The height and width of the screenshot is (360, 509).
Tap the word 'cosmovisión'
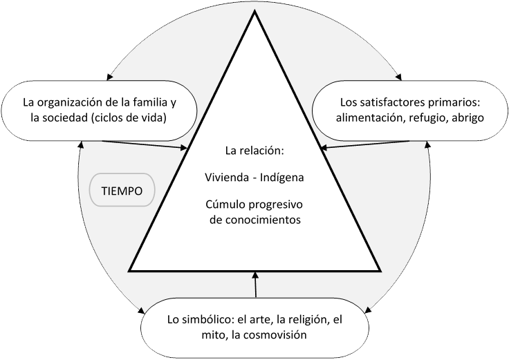[x=274, y=335]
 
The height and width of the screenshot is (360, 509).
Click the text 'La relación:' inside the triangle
[x=254, y=149]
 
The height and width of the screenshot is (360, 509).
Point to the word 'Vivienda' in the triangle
[x=225, y=178]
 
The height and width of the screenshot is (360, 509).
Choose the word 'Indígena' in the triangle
[x=282, y=178]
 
